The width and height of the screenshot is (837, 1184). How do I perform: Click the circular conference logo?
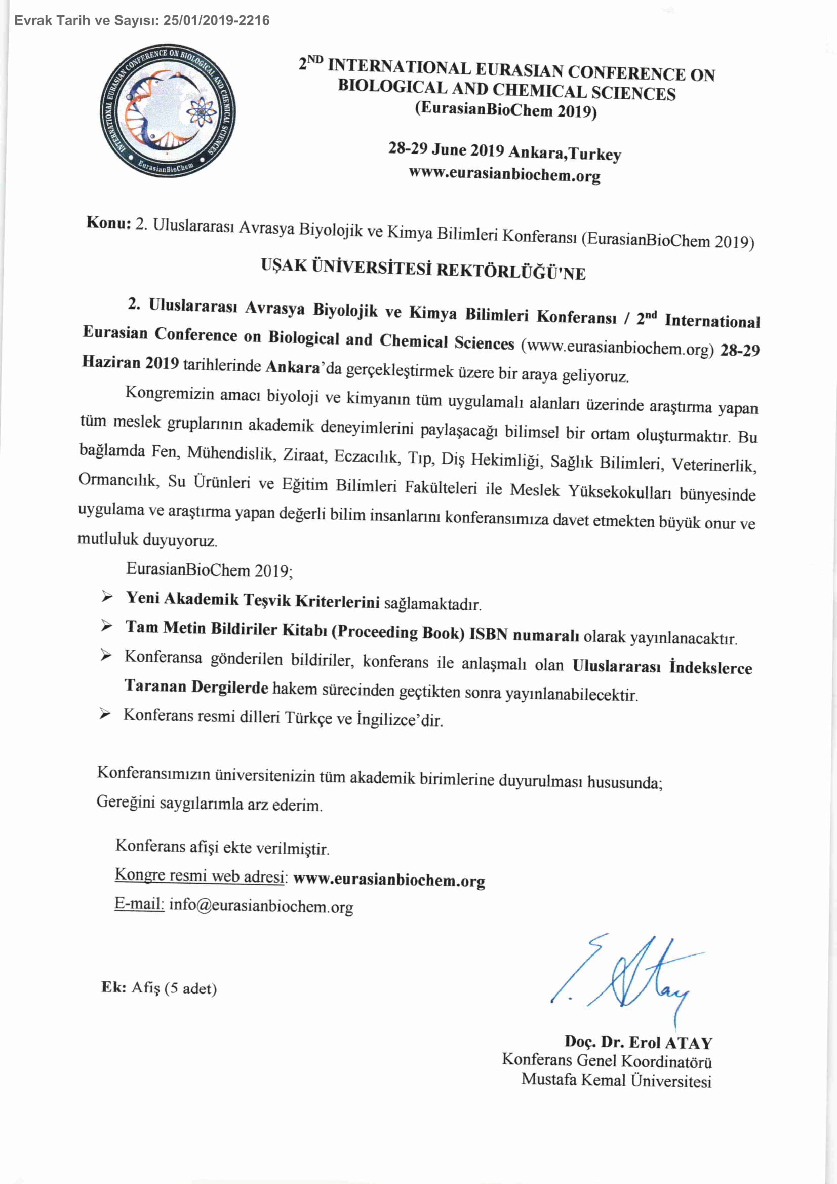[168, 111]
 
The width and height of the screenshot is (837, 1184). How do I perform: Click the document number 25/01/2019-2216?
[216, 21]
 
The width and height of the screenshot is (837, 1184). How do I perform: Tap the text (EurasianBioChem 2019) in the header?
[506, 110]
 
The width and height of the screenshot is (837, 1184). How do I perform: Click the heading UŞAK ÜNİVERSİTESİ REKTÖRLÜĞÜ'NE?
[423, 269]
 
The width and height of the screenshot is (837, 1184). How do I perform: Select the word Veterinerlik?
[714, 465]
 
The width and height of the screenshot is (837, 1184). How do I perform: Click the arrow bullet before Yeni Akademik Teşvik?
[107, 597]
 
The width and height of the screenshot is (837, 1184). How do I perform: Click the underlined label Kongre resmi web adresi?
[200, 875]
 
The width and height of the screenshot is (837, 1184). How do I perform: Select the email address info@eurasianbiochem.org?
[261, 906]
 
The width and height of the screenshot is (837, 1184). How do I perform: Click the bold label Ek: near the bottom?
[114, 987]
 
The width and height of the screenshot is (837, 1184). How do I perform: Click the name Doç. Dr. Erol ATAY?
[638, 1042]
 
